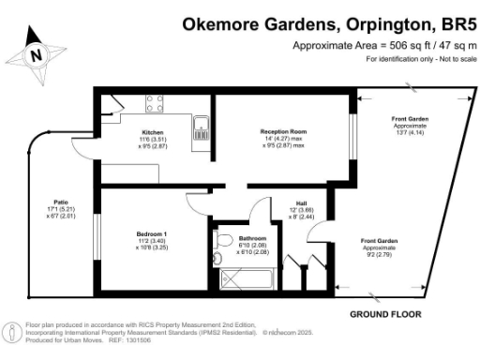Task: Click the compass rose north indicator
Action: [x=37, y=53]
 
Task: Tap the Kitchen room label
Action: [x=153, y=133]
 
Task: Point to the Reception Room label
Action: [x=284, y=133]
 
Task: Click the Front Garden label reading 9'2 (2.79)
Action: [x=380, y=247]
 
